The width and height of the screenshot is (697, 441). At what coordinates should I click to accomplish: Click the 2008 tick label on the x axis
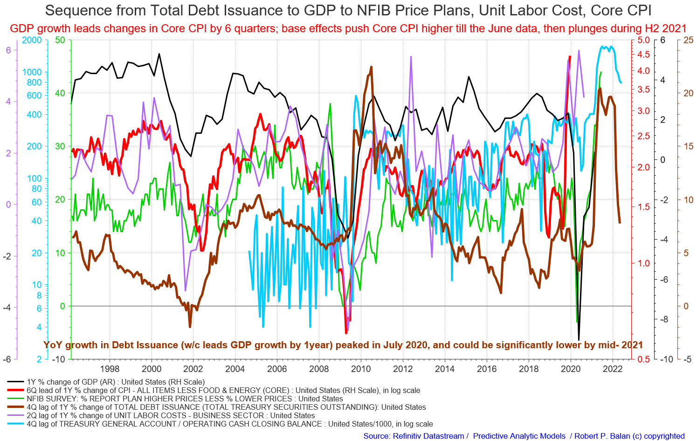point(318,368)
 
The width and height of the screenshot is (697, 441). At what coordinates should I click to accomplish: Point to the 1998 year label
point(110,368)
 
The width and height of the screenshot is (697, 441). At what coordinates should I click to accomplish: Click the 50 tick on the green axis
point(60,41)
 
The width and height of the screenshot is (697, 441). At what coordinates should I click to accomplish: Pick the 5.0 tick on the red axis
point(643,41)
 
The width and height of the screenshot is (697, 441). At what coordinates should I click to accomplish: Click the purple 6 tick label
point(8,50)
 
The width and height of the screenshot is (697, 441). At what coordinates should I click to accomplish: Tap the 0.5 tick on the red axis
point(643,359)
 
